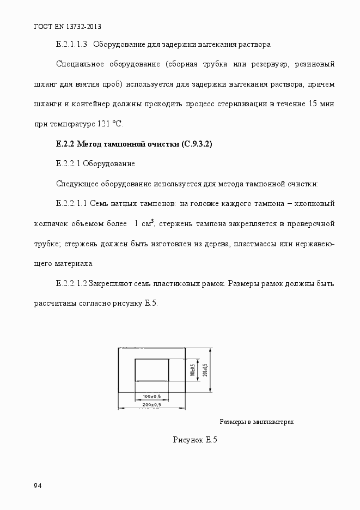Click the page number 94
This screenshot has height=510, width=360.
[x=38, y=486]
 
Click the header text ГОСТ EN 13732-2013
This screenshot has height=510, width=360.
[x=68, y=26]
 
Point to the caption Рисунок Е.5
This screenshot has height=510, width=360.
[x=195, y=440]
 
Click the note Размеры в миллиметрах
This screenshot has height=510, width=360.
[x=257, y=422]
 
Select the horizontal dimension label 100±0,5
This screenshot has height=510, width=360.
[x=152, y=396]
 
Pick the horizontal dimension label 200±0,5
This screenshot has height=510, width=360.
[x=152, y=405]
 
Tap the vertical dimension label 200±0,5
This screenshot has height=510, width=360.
[x=205, y=369]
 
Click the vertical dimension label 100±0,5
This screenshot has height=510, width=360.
[x=192, y=370]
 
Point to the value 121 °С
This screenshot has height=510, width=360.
[x=110, y=124]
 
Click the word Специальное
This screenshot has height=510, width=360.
[x=80, y=64]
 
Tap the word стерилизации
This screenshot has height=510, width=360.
[x=240, y=104]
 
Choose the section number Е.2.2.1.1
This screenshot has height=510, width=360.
[x=71, y=204]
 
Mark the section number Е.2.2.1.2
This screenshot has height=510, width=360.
[x=71, y=284]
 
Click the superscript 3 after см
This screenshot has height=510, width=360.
[x=152, y=221]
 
